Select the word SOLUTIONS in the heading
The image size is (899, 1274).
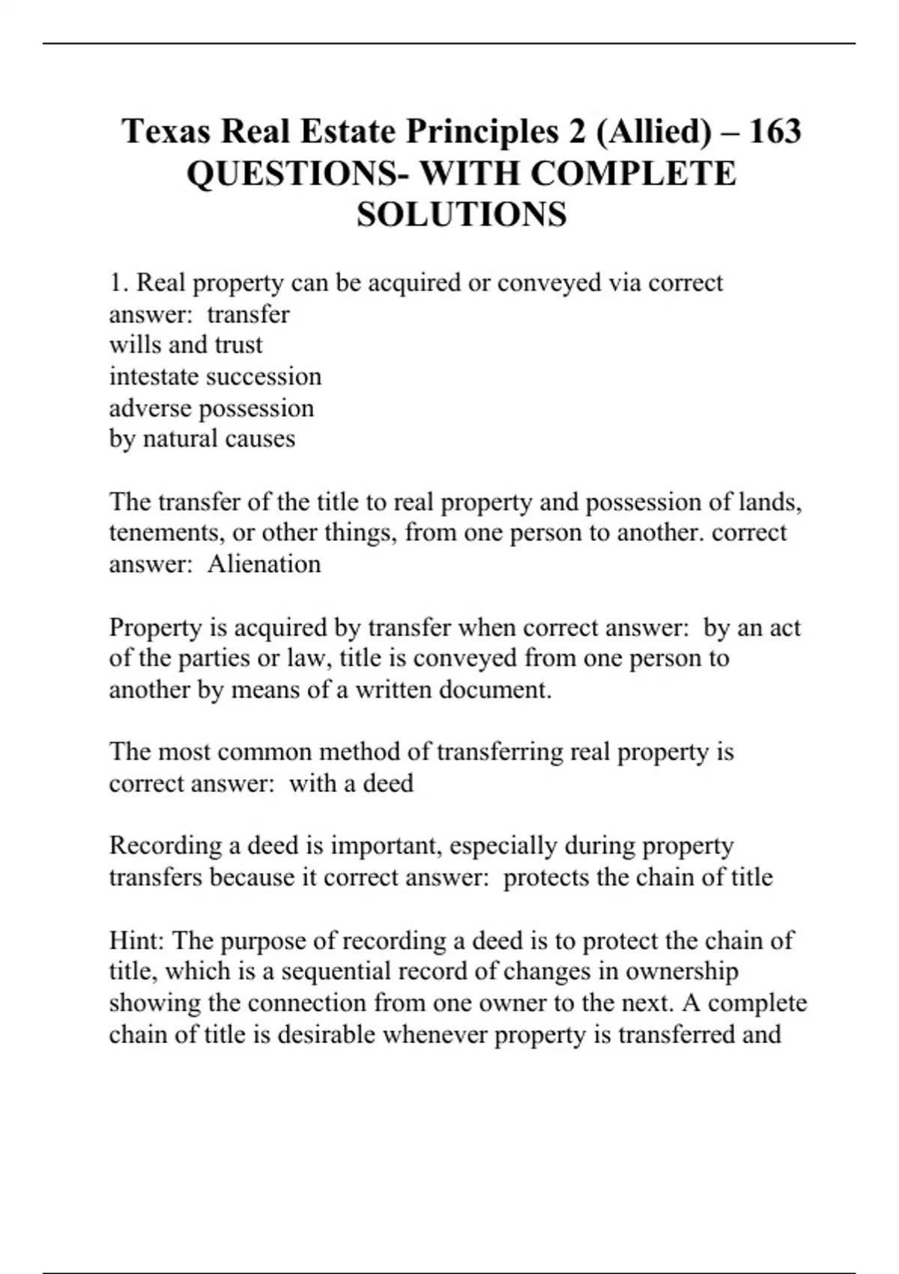click(x=461, y=215)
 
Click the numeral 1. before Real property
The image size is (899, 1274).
click(x=119, y=283)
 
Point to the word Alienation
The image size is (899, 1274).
click(x=264, y=564)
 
